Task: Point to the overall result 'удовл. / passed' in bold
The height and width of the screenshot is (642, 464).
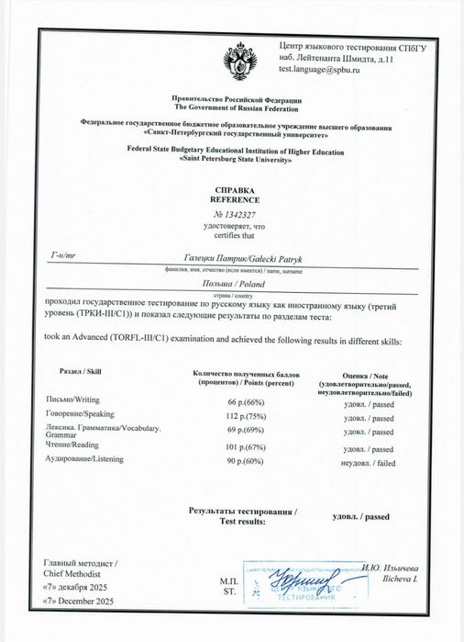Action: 361,518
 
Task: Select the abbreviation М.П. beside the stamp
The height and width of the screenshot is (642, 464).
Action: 227,582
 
